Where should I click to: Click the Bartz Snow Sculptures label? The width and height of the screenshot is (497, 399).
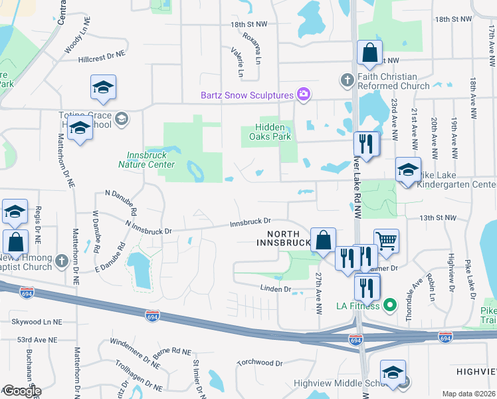[247, 95]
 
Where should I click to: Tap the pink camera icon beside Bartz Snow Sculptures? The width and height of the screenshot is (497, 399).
[304, 94]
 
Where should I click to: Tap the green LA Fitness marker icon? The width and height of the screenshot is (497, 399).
[390, 306]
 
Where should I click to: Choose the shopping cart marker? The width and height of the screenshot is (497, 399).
[386, 240]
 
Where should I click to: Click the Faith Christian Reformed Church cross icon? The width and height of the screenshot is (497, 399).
[346, 80]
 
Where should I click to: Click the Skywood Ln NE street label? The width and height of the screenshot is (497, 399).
[35, 321]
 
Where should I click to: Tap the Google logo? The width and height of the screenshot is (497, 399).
[21, 391]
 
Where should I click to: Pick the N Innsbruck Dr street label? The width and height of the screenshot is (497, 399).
[148, 231]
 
